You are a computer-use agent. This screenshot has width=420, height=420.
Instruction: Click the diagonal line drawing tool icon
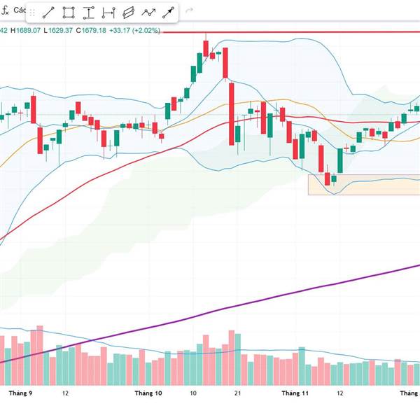[x=49, y=13]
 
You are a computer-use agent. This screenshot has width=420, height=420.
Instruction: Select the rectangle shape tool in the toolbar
[x=69, y=13]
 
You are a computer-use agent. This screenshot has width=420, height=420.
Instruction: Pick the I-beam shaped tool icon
[x=88, y=13]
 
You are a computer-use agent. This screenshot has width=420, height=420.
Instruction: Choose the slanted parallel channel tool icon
[x=128, y=13]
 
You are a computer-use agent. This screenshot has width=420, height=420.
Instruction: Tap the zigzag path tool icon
[x=148, y=13]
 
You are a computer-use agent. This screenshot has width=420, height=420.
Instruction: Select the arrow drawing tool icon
[x=169, y=13]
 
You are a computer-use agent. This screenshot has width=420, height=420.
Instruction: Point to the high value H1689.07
[x=28, y=30]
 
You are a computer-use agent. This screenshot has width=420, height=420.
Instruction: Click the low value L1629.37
[x=59, y=30]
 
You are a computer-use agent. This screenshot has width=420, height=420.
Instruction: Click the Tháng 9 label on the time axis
[x=20, y=393]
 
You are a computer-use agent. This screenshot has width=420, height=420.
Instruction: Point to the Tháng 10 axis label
[x=148, y=393]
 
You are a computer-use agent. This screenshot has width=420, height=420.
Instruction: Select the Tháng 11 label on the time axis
[x=295, y=393]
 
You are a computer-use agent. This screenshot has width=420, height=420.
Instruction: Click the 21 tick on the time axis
[x=238, y=393]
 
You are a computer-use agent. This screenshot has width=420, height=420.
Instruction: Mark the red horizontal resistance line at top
[x=315, y=32]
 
